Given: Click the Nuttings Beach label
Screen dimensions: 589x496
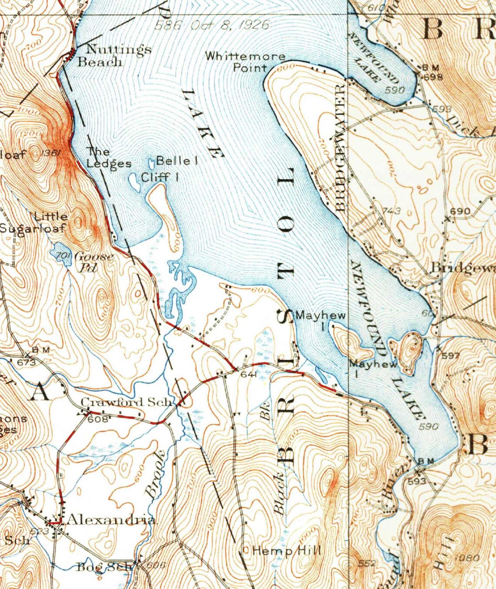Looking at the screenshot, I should (x=114, y=55).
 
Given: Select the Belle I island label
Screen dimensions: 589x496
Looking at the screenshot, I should (x=177, y=160).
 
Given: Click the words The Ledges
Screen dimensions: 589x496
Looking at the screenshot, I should (x=108, y=157).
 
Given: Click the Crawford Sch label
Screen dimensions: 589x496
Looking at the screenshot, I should (x=127, y=402).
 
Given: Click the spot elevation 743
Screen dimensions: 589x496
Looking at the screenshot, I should (x=391, y=211).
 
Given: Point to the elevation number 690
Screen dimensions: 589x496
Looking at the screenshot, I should (x=460, y=211).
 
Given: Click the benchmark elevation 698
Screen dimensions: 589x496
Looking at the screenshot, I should (x=433, y=77).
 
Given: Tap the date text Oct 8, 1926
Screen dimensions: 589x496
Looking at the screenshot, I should (x=230, y=25).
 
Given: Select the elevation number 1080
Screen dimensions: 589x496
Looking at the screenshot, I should (x=466, y=557).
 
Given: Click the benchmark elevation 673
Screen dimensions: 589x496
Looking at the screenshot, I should (x=26, y=361).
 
